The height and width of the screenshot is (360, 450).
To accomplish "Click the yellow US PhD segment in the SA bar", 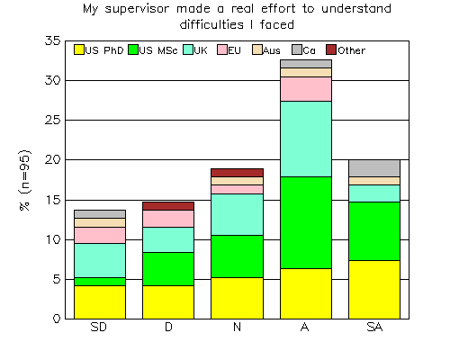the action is [x=374, y=290].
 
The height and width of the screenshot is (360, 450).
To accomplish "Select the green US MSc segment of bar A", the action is [x=306, y=222].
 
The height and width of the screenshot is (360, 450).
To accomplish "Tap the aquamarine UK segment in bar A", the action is [x=306, y=139].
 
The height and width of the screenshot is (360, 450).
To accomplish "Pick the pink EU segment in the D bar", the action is [x=168, y=219].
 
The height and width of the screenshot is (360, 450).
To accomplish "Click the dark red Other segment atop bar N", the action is [x=237, y=173].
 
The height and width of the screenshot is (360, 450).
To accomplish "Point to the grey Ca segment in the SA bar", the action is [x=374, y=168].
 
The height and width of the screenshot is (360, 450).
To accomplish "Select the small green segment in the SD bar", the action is [x=100, y=282].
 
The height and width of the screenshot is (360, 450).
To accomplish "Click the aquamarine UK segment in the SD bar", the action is [x=100, y=260].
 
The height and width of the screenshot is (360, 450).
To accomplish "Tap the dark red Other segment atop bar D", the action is [x=168, y=206].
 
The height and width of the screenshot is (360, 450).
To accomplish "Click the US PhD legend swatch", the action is [x=79, y=49].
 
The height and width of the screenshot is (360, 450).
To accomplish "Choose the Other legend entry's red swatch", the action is [x=331, y=49].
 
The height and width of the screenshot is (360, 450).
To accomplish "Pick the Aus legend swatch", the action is [x=257, y=49].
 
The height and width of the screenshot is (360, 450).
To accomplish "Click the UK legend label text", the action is [x=201, y=50].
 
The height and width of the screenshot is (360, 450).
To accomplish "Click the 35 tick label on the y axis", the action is [x=53, y=40].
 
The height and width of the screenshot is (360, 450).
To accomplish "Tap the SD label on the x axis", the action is [x=99, y=327].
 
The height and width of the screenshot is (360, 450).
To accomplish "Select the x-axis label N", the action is [x=237, y=327].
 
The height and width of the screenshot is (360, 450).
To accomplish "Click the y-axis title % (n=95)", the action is [x=25, y=180].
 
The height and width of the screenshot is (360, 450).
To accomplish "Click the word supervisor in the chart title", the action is [x=137, y=9].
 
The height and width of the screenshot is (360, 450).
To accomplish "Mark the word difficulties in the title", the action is [x=211, y=24].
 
